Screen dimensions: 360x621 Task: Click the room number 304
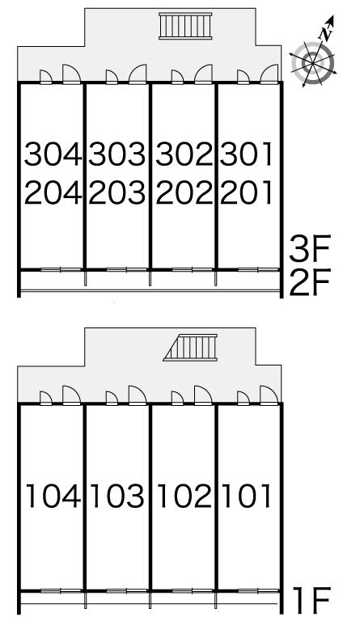point(53,154)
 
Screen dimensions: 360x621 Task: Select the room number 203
point(117,192)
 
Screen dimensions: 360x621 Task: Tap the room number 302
point(184,154)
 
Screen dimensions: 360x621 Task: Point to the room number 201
point(246,192)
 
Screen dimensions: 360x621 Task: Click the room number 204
point(53,192)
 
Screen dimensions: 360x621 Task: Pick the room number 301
point(246,154)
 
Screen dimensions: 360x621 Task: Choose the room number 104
point(54,496)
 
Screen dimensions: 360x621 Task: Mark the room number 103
point(117,496)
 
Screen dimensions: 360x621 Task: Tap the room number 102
point(184,496)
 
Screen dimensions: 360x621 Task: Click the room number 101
point(247,496)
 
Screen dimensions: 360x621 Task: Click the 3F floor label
point(310,248)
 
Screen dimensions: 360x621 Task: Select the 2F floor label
point(310,283)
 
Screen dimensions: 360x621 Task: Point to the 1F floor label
point(311,600)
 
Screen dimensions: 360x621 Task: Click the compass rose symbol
point(313,62)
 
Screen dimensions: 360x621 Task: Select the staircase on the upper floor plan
point(185,26)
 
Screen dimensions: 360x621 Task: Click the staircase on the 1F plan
point(190,348)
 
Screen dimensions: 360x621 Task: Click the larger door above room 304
point(72,74)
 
